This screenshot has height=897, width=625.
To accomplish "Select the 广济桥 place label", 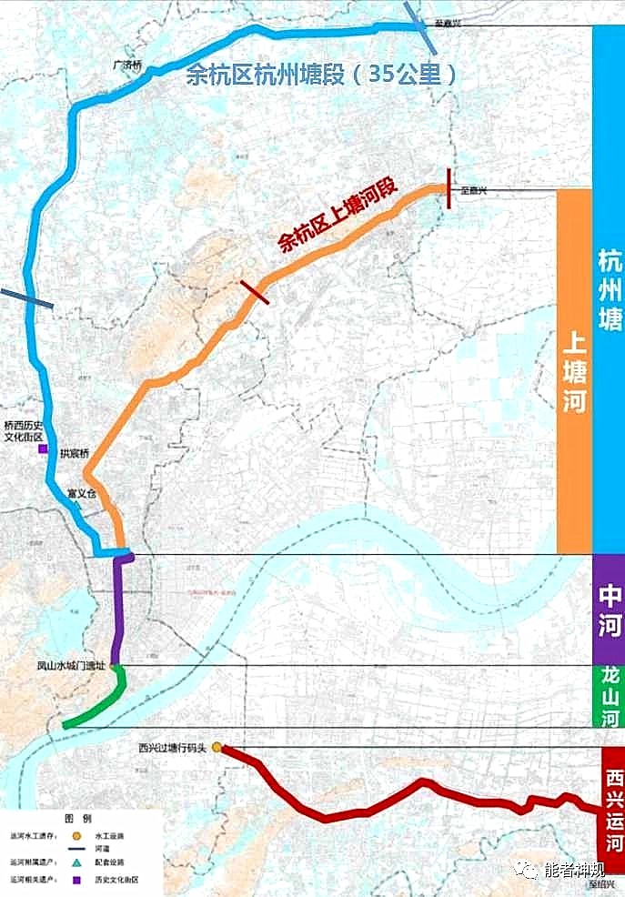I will [127, 66].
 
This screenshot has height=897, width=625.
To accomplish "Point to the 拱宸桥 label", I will [76, 453].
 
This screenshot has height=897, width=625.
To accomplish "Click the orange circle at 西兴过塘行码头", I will [217, 748].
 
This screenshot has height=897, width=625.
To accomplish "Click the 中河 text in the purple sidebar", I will [609, 611].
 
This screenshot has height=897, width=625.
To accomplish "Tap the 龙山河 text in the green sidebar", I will [609, 697].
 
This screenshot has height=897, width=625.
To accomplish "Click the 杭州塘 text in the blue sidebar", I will [609, 289].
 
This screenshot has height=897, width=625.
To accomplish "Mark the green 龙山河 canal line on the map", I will [102, 706].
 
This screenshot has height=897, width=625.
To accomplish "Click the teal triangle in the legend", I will [77, 862].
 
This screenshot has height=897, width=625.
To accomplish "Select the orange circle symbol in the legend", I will [77, 834].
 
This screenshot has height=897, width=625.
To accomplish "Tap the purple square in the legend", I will [77, 880].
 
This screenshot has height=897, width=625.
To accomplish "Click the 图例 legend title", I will [77, 819].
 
